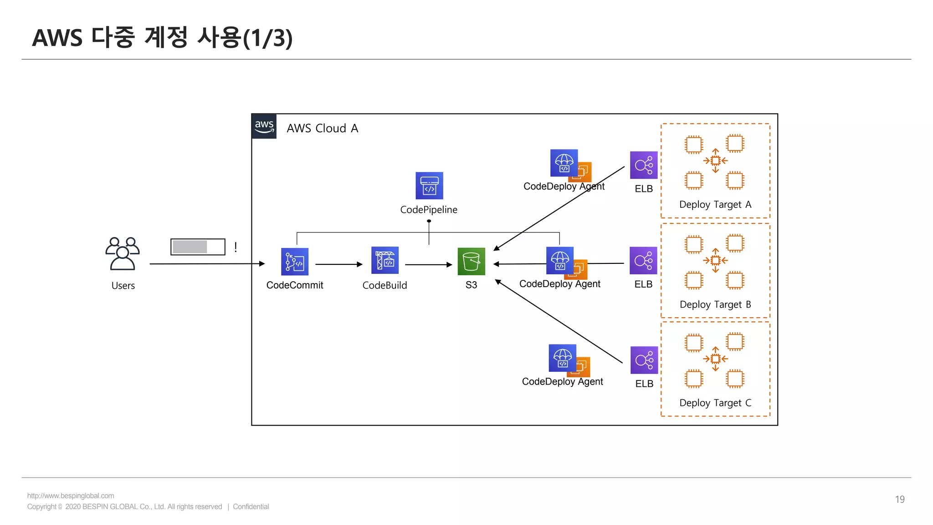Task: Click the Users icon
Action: click(122, 254)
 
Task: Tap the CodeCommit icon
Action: click(295, 262)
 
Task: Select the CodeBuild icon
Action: click(385, 260)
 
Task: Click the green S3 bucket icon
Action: click(471, 262)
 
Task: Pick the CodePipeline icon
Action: click(429, 185)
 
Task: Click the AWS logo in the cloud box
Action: click(264, 126)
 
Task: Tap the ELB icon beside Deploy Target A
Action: click(644, 165)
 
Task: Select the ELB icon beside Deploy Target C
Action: click(644, 360)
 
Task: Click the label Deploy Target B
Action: click(715, 304)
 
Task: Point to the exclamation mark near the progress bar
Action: click(236, 247)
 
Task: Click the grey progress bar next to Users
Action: click(198, 247)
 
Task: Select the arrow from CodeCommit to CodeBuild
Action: click(338, 264)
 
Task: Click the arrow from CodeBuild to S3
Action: click(428, 264)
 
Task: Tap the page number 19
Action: click(899, 499)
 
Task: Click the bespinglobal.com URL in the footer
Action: click(71, 496)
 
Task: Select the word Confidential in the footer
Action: click(251, 507)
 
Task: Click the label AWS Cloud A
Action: click(322, 129)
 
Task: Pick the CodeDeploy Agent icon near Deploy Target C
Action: click(564, 359)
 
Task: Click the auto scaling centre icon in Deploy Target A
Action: click(715, 160)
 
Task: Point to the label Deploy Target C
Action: click(715, 403)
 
